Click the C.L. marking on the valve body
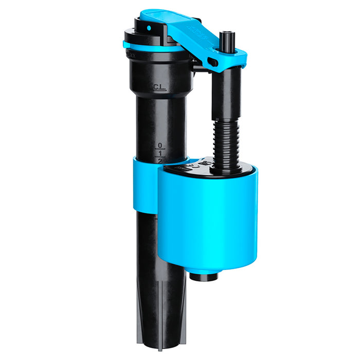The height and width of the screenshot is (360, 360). tap(159, 88)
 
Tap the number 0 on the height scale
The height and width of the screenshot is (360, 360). tap(160, 146)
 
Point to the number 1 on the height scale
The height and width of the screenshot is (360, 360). tap(160, 153)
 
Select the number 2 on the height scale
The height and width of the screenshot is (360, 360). tap(160, 160)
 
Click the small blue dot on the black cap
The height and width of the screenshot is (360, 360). tap(149, 28)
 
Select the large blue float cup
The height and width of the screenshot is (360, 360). tap(211, 221)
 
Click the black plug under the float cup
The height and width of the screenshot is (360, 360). tap(204, 276)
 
